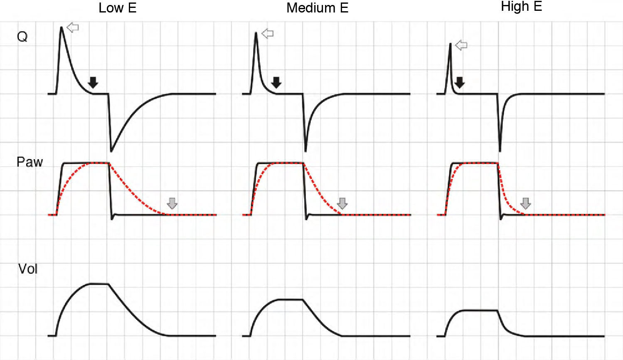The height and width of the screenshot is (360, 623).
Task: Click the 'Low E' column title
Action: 117,8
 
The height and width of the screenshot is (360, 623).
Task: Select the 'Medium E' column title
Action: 317,8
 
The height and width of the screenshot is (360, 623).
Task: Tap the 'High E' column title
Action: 521,7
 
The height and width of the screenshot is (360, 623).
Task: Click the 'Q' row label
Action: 22,37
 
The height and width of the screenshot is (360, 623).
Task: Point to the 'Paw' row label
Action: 30,162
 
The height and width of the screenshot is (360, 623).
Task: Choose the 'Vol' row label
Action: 28,269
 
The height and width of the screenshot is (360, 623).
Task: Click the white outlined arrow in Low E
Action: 73,28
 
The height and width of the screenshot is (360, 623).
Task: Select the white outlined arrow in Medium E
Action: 268,34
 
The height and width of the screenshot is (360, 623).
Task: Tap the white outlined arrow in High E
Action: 461,45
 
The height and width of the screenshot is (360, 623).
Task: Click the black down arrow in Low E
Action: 93,82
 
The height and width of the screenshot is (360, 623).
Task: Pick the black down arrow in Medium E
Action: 276,82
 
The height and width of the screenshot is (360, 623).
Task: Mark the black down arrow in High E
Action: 459,82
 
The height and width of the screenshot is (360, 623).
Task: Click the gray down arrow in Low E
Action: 172,203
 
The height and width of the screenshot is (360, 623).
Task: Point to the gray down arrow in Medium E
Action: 342,203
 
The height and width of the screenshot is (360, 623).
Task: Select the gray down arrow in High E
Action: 526,203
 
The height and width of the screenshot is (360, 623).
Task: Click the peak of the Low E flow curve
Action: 62,27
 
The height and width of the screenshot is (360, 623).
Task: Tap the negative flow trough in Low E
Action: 111,150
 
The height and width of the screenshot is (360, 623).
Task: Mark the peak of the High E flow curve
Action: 450,44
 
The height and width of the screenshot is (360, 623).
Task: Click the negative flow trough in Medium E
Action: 306,150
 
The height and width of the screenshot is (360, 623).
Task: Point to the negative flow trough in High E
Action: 500,150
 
